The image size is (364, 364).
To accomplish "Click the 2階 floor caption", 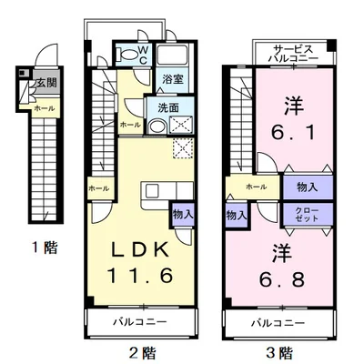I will [140, 352].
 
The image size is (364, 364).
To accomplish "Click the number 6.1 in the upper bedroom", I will [292, 133].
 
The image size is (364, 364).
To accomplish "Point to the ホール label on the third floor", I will [257, 187].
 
